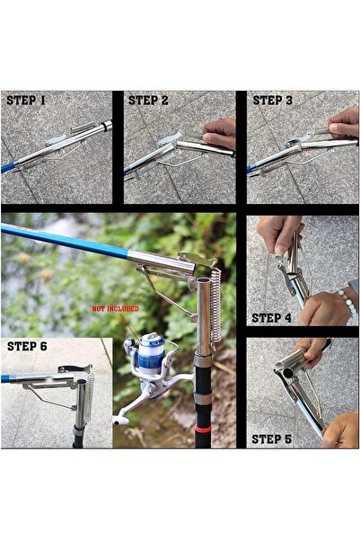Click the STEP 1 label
tap(26, 101)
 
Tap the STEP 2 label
tap(148, 101)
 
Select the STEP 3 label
tap(273, 101)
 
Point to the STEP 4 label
tap(271, 318)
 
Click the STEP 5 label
tap(271, 439)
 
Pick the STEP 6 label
tap(27, 346)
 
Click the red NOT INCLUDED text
tap(115, 308)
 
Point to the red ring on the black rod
tap(203, 429)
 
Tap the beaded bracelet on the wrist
tap(347, 303)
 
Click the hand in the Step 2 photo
tap(220, 133)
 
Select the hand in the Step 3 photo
tap(344, 123)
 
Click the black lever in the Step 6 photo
tap(75, 368)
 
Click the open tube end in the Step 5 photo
tap(286, 373)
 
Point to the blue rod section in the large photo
tap(66, 241)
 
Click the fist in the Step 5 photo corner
tap(341, 430)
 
